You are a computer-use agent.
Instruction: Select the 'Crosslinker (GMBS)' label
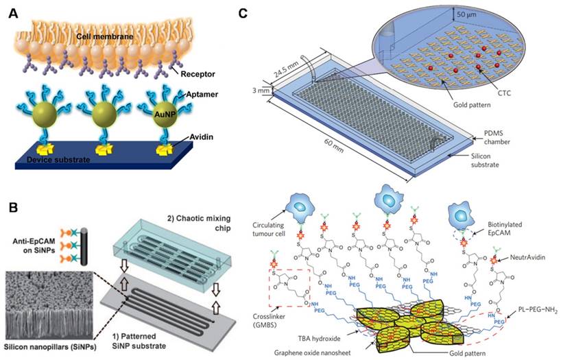pos(280,327)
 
